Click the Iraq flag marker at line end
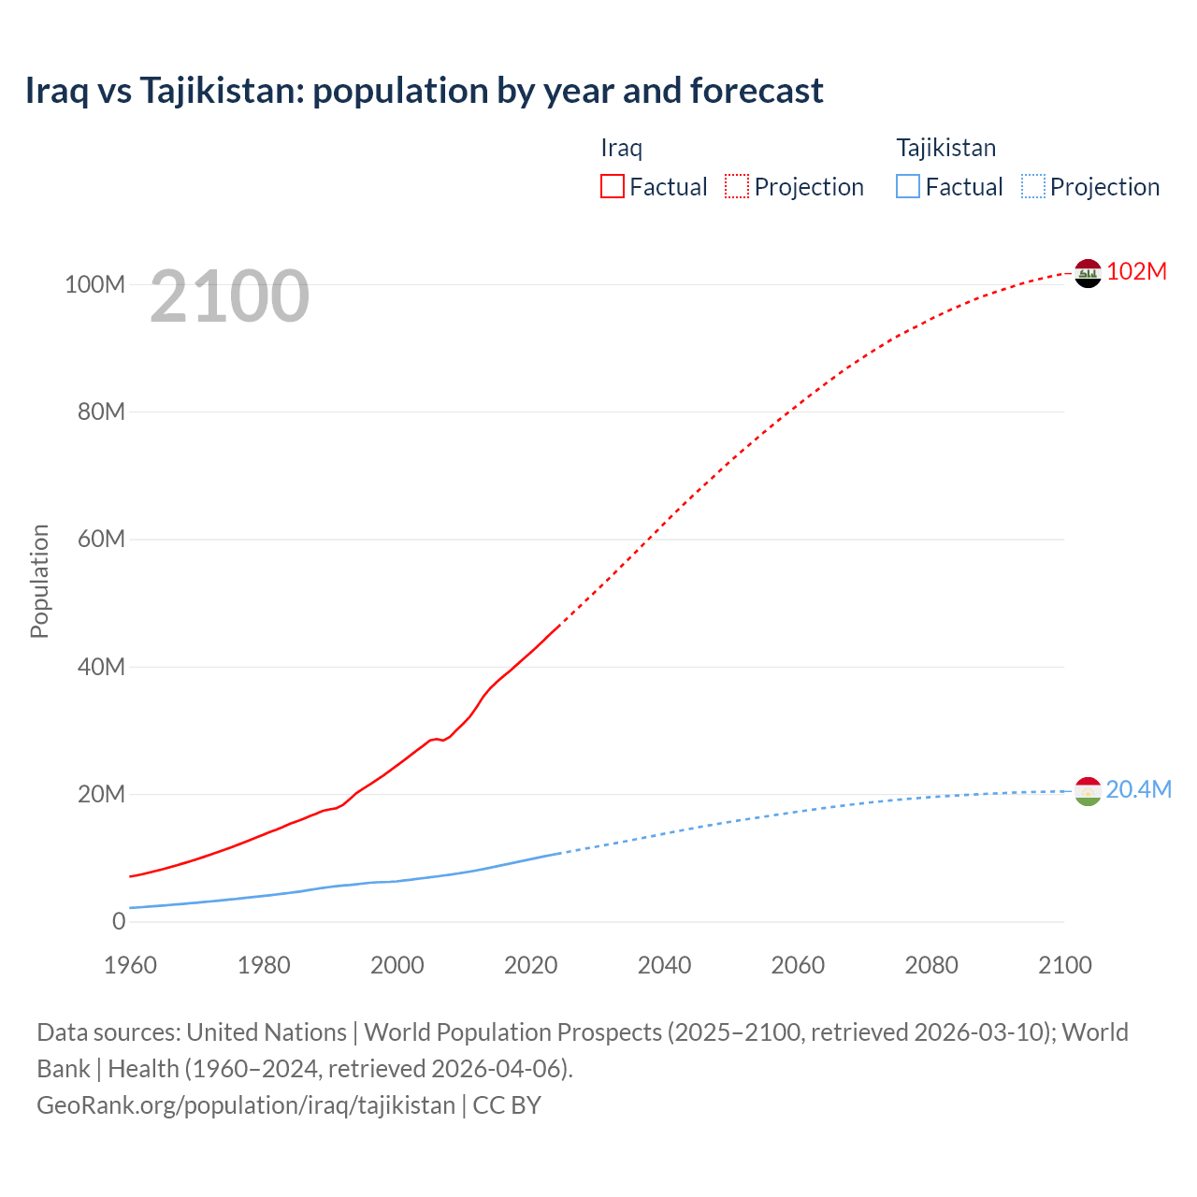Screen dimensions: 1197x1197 point(1088,273)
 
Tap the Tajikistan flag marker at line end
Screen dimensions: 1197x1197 point(1088,791)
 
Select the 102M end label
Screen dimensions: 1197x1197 point(1136,271)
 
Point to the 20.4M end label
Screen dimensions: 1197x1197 point(1138,789)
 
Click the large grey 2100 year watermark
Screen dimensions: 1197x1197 point(229,296)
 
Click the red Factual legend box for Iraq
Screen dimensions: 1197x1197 point(612,187)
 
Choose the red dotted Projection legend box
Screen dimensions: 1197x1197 point(737,187)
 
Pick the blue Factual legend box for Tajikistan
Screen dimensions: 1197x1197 point(908,187)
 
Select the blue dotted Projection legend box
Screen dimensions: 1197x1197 point(1033,187)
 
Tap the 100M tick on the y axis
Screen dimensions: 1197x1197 point(94,284)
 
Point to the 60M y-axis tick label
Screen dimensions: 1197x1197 point(101,539)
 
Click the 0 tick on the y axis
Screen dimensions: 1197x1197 point(118,921)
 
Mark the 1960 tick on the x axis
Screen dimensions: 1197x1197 point(130,965)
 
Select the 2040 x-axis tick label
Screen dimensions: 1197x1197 point(664,965)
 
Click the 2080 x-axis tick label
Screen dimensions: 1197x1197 point(931,965)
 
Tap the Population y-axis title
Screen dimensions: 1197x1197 point(39,581)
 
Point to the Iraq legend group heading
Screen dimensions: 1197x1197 point(621,148)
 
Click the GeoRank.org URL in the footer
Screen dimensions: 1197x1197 point(246,1104)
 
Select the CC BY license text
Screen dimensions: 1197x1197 point(507,1104)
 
